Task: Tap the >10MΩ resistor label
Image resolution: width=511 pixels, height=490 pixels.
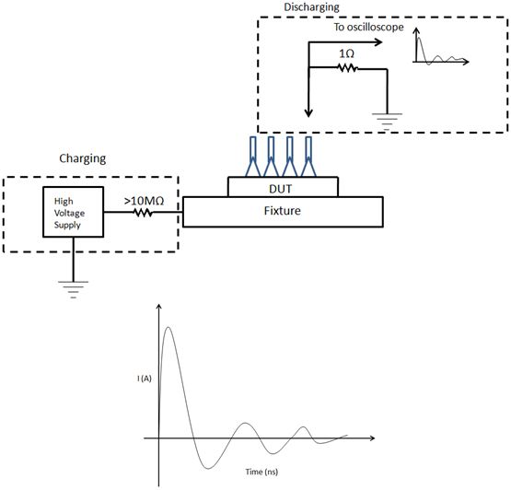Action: [144, 201]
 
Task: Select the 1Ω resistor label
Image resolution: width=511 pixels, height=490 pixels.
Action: [346, 53]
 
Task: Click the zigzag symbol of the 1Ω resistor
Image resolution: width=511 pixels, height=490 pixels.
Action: [348, 68]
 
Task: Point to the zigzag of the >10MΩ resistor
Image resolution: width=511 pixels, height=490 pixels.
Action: [143, 213]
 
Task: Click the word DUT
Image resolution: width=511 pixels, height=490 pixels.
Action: [280, 189]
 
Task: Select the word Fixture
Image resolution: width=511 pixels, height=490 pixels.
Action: [283, 211]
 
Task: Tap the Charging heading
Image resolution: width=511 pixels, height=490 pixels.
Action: [83, 158]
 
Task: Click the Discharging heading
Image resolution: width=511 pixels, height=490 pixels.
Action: [311, 6]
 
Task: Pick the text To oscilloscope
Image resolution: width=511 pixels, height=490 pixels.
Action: [368, 27]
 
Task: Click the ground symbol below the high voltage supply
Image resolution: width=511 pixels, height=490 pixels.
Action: [74, 289]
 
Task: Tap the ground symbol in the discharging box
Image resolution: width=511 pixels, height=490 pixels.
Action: [387, 122]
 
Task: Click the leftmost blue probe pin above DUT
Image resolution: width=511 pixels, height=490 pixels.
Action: [253, 157]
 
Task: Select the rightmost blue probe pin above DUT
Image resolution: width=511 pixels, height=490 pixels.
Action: [308, 157]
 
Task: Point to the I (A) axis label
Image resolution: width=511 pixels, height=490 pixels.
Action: [145, 379]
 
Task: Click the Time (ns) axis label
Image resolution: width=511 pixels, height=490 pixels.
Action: [261, 472]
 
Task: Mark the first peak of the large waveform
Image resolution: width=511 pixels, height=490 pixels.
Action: [168, 327]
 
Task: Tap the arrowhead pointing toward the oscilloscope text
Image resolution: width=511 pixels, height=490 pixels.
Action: [378, 42]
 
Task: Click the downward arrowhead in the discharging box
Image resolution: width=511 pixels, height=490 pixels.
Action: [308, 112]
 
